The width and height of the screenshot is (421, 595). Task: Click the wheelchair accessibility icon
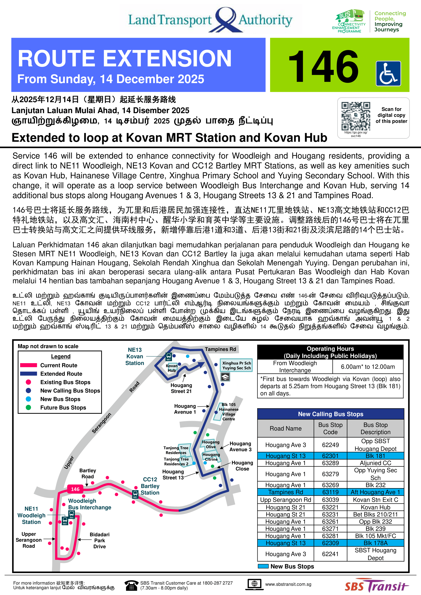pyautogui.click(x=388, y=73)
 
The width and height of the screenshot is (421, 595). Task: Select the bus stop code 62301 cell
pyautogui.click(x=330, y=456)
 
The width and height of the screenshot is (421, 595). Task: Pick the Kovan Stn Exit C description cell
pyautogui.click(x=375, y=500)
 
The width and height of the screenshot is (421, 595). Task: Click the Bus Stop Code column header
pyautogui.click(x=330, y=428)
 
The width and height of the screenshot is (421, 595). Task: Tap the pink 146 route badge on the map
pyautogui.click(x=75, y=489)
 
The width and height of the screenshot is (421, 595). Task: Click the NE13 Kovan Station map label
pyautogui.click(x=135, y=356)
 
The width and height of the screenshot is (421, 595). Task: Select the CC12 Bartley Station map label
pyautogui.click(x=150, y=486)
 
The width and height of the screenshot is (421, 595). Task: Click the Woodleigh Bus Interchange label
pyautogui.click(x=89, y=504)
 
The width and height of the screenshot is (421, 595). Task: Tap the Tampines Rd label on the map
pyautogui.click(x=220, y=349)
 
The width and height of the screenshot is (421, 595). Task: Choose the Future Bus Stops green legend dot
pyautogui.click(x=28, y=407)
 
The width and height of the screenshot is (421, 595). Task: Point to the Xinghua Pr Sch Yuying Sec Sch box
pyautogui.click(x=236, y=365)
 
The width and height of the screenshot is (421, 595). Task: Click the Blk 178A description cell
pyautogui.click(x=375, y=543)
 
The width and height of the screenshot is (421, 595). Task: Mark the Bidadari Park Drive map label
pyautogui.click(x=100, y=540)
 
